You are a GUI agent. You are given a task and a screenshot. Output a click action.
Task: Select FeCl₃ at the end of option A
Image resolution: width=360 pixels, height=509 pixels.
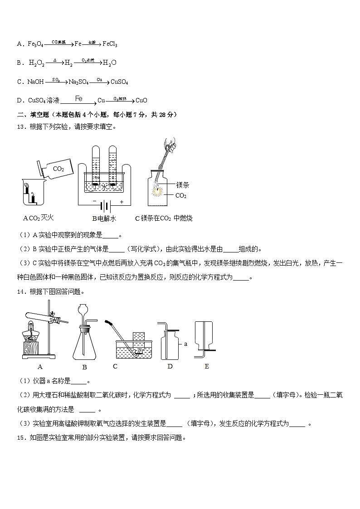(110, 44)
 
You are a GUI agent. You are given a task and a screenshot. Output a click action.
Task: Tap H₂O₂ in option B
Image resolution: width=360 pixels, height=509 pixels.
(37, 63)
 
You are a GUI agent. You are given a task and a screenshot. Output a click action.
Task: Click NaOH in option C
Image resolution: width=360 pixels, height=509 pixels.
(35, 82)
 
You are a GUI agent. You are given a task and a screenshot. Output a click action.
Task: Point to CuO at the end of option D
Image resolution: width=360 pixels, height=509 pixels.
(141, 101)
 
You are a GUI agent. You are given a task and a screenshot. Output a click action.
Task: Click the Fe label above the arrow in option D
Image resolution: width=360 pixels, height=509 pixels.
(78, 98)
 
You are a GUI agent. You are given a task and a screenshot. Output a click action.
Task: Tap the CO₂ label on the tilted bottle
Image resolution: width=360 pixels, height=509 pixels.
(58, 169)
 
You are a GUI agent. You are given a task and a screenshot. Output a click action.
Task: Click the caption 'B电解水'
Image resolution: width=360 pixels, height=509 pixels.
(104, 218)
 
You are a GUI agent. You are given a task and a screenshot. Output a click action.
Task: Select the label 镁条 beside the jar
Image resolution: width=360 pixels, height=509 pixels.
(183, 185)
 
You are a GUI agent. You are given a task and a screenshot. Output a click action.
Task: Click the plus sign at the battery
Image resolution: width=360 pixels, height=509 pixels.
(122, 202)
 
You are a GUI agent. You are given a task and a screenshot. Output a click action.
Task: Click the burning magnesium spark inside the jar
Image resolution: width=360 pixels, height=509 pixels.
(159, 190)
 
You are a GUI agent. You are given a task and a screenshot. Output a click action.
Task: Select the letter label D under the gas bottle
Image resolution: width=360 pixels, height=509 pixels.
(170, 366)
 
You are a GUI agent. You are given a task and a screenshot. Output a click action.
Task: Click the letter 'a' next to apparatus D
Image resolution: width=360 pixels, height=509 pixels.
(185, 344)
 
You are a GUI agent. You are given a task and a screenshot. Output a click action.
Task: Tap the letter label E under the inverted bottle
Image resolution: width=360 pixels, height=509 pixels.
(206, 366)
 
